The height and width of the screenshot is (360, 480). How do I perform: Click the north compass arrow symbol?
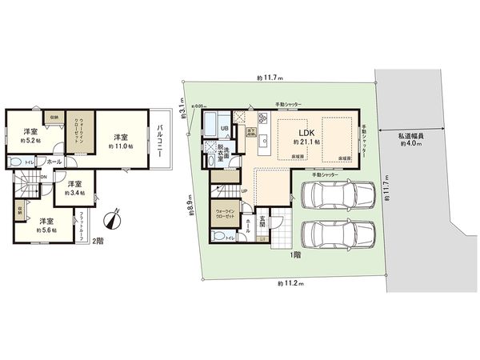pyautogui.click(x=113, y=217)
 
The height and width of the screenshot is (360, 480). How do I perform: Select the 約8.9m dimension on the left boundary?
pyautogui.click(x=189, y=206)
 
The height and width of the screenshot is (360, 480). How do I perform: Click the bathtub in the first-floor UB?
pyautogui.click(x=210, y=125)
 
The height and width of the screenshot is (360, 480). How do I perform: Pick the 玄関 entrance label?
pyautogui.click(x=263, y=214)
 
